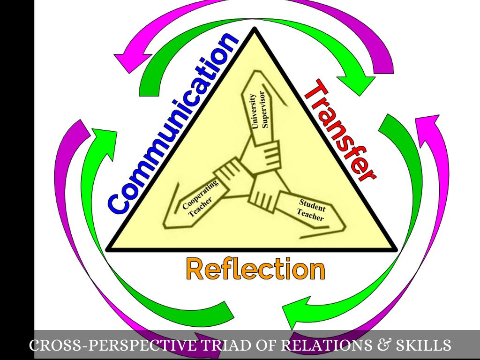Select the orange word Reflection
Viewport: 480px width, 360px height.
coord(255,269)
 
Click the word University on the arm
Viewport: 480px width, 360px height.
coord(254,111)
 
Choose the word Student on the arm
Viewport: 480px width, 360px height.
coord(312,205)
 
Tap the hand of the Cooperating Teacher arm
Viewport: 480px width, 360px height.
coord(227,172)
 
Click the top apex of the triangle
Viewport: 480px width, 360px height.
coord(254,29)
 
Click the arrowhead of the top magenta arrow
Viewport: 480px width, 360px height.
coord(127,62)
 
